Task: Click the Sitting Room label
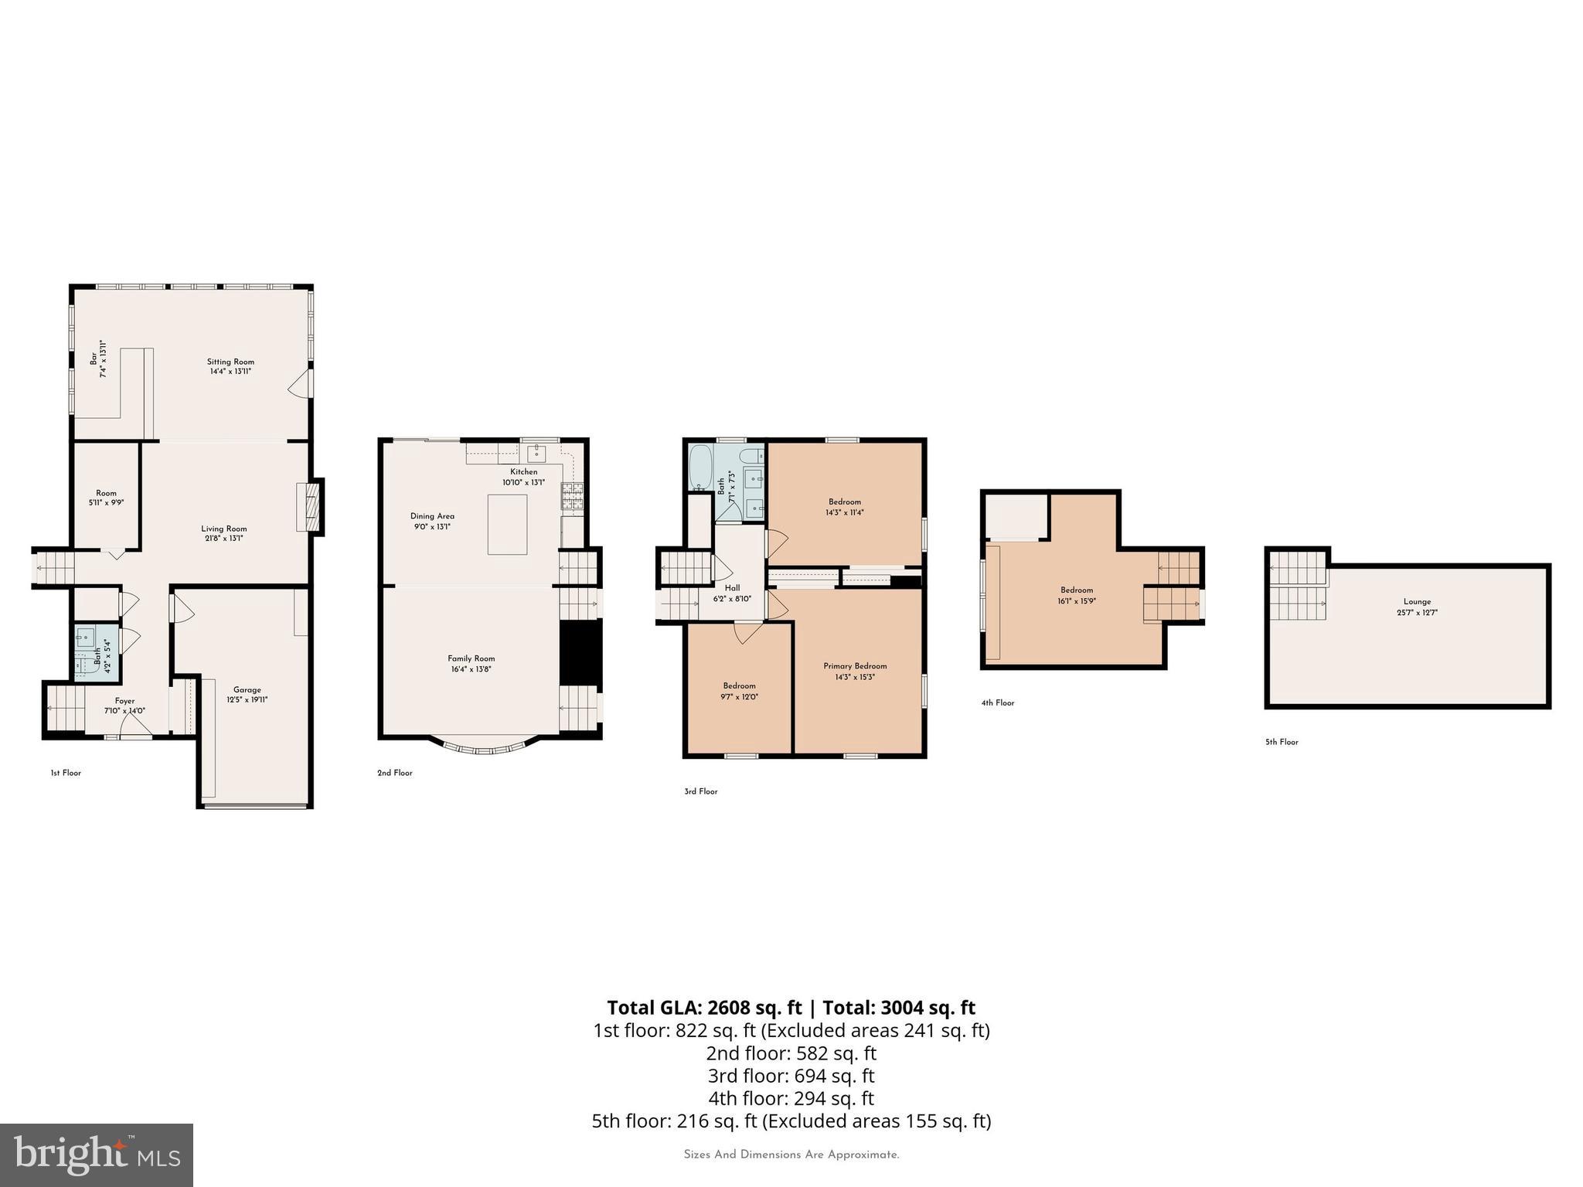tap(230, 362)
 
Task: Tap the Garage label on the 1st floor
tap(247, 690)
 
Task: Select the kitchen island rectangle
tap(507, 525)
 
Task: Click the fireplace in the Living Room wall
tap(308, 507)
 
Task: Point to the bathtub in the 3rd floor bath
tap(700, 468)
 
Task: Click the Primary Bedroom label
tap(855, 666)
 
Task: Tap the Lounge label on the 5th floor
tap(1417, 601)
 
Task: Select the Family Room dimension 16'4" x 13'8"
tap(471, 669)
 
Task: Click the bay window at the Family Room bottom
tap(483, 747)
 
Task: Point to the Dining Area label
tap(432, 516)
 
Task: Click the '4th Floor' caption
tap(997, 702)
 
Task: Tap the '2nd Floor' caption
tap(394, 773)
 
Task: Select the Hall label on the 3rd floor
tap(732, 588)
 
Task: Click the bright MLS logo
tap(96, 1155)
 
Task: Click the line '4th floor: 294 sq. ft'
tap(791, 1098)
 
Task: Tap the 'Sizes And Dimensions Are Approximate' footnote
tap(791, 1155)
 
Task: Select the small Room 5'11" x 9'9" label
tap(106, 493)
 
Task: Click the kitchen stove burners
tap(572, 497)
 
